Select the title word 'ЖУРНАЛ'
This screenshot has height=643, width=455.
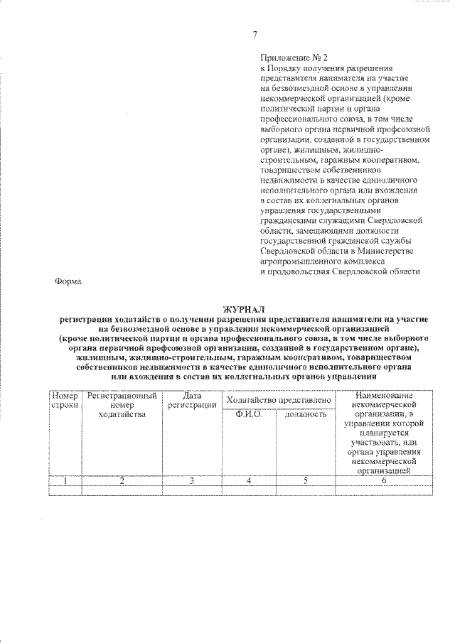point(243,310)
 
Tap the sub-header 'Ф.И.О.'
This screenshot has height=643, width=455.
point(250,414)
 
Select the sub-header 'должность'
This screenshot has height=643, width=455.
point(306,414)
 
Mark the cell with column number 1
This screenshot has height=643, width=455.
point(64,480)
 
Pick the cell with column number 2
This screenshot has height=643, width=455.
point(122,480)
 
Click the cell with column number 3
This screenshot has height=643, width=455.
point(192,480)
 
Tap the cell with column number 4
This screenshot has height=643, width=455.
point(250,480)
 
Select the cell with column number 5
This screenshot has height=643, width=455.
point(306,480)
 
